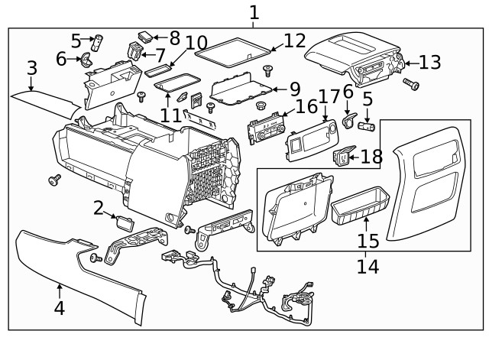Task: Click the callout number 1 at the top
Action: click(x=254, y=12)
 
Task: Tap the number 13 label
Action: click(x=430, y=63)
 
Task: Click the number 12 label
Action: click(x=294, y=41)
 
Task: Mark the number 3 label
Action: click(x=31, y=68)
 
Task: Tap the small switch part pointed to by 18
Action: click(x=343, y=158)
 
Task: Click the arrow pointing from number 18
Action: click(x=355, y=157)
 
